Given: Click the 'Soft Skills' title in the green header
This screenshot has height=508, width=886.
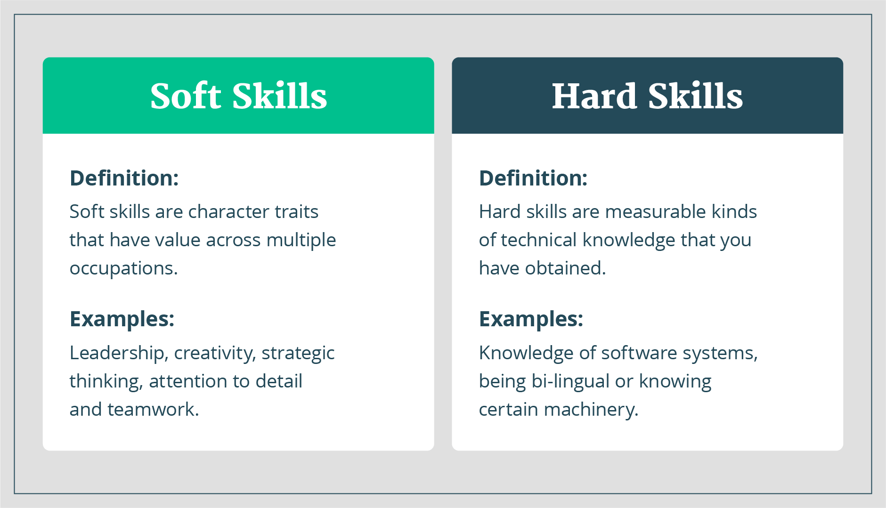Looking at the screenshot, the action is pos(238,96).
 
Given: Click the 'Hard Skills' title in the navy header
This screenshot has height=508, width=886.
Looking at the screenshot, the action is pos(647,96).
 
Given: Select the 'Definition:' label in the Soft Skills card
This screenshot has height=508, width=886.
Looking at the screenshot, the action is pos(124,178).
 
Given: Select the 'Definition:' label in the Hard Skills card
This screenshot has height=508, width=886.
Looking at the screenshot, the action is pos(533,178).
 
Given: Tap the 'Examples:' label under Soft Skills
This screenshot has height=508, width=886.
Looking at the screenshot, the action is pos(122,320).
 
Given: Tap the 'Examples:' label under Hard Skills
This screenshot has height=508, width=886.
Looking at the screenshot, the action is pos(531,320).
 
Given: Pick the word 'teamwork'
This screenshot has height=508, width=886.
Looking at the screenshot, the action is pos(151,410).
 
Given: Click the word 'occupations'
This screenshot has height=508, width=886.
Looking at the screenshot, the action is pos(122,269).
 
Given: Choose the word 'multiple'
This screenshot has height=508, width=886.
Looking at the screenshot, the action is pos(301,240).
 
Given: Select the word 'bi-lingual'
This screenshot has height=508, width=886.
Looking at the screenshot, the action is pos(571,382).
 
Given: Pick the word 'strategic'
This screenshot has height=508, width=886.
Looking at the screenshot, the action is pos(298,354).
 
